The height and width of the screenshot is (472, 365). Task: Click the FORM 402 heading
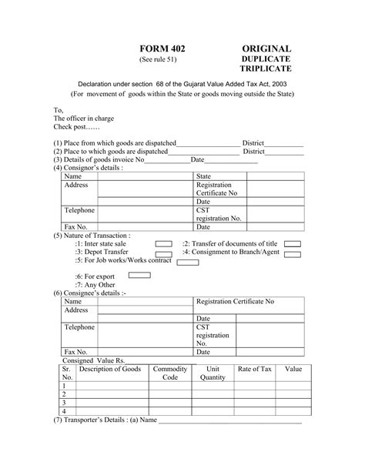click(x=162, y=49)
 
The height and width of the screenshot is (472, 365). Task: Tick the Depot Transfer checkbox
click(x=164, y=253)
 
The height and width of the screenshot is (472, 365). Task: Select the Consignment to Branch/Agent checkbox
click(x=293, y=253)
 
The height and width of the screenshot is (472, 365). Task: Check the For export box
click(x=139, y=275)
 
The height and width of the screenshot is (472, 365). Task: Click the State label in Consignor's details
click(x=206, y=177)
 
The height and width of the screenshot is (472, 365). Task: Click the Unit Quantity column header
click(x=213, y=373)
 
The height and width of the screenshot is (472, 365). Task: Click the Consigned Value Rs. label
click(x=93, y=360)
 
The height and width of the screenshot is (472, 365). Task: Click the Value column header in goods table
click(x=293, y=370)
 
